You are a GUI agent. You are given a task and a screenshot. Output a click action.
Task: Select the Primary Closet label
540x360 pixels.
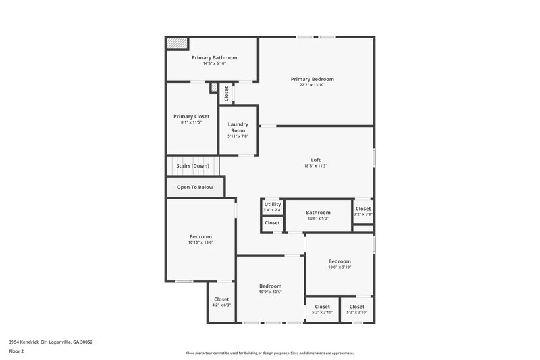coord(191,116)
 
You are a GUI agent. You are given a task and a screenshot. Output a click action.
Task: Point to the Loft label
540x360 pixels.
coord(315,160)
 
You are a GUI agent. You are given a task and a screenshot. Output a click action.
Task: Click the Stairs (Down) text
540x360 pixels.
coord(193,165)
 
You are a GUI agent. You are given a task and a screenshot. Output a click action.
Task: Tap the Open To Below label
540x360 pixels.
coord(194,187)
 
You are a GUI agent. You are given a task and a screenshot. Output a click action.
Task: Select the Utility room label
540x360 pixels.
coord(273,204)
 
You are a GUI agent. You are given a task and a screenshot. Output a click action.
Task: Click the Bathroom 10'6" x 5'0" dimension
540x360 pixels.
coord(318,219)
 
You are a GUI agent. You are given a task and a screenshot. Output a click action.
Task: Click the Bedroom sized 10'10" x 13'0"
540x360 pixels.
coord(200,236)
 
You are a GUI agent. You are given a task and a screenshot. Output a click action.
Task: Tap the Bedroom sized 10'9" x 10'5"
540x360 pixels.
coord(270,286)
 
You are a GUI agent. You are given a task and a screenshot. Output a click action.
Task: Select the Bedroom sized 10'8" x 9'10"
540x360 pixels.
coord(340,261)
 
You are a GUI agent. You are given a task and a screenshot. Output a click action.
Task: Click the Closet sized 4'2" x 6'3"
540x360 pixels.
coord(221,299)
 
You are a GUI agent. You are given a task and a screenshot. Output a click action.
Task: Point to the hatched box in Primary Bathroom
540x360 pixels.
coord(178,43)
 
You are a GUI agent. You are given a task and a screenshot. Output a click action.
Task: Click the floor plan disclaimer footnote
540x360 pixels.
coord(269,353)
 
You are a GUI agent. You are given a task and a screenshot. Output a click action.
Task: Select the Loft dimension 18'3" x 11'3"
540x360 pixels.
coord(315,166)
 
